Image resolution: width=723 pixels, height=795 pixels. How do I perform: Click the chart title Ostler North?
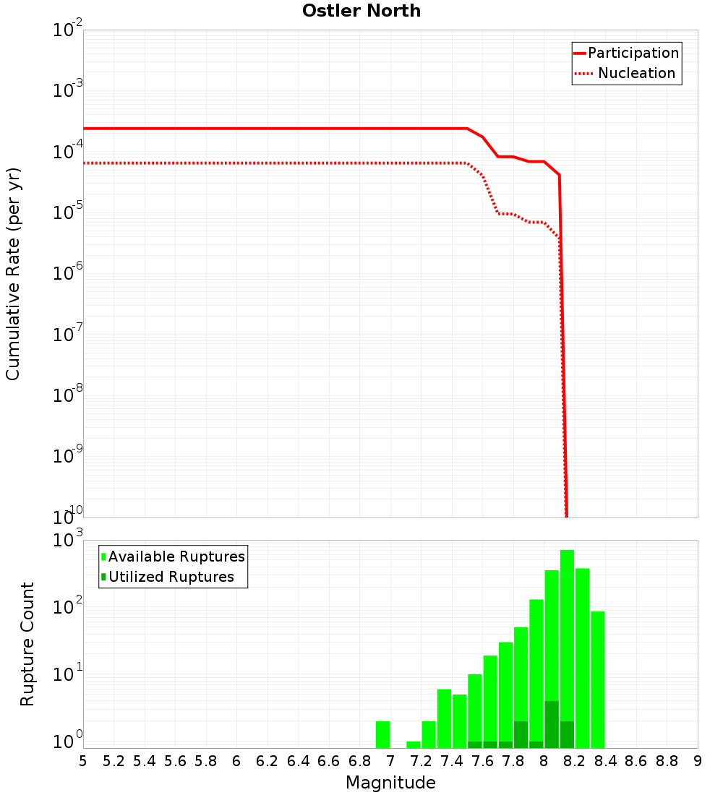(361, 11)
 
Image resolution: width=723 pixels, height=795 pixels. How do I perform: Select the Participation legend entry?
(633, 53)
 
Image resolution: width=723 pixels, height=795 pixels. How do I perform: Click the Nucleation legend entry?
(636, 74)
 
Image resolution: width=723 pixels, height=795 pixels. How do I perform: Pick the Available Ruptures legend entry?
(176, 556)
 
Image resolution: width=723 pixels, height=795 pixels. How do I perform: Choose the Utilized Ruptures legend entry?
(171, 577)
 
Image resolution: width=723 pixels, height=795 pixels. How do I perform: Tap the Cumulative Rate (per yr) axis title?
(13, 273)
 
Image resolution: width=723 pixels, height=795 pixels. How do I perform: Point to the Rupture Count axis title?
(27, 644)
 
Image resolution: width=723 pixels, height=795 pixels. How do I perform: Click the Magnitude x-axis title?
(390, 783)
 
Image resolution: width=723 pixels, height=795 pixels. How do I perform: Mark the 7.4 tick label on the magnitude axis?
(452, 761)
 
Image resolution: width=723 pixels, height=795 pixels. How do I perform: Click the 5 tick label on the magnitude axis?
(83, 761)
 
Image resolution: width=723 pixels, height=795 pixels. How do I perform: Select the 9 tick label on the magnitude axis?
(698, 761)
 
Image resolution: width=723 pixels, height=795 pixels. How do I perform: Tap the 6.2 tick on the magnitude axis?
(268, 761)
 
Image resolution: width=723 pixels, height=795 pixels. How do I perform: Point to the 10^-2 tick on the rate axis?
(68, 30)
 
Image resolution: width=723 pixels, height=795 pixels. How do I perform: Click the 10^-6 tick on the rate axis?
(68, 274)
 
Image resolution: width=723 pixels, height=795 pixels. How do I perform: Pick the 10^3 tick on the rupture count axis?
(68, 541)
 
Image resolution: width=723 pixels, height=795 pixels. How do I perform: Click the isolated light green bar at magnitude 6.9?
(383, 734)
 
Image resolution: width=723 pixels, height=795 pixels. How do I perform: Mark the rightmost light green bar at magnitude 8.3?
(597, 679)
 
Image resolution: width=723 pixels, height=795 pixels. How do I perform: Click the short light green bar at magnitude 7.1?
(414, 744)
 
